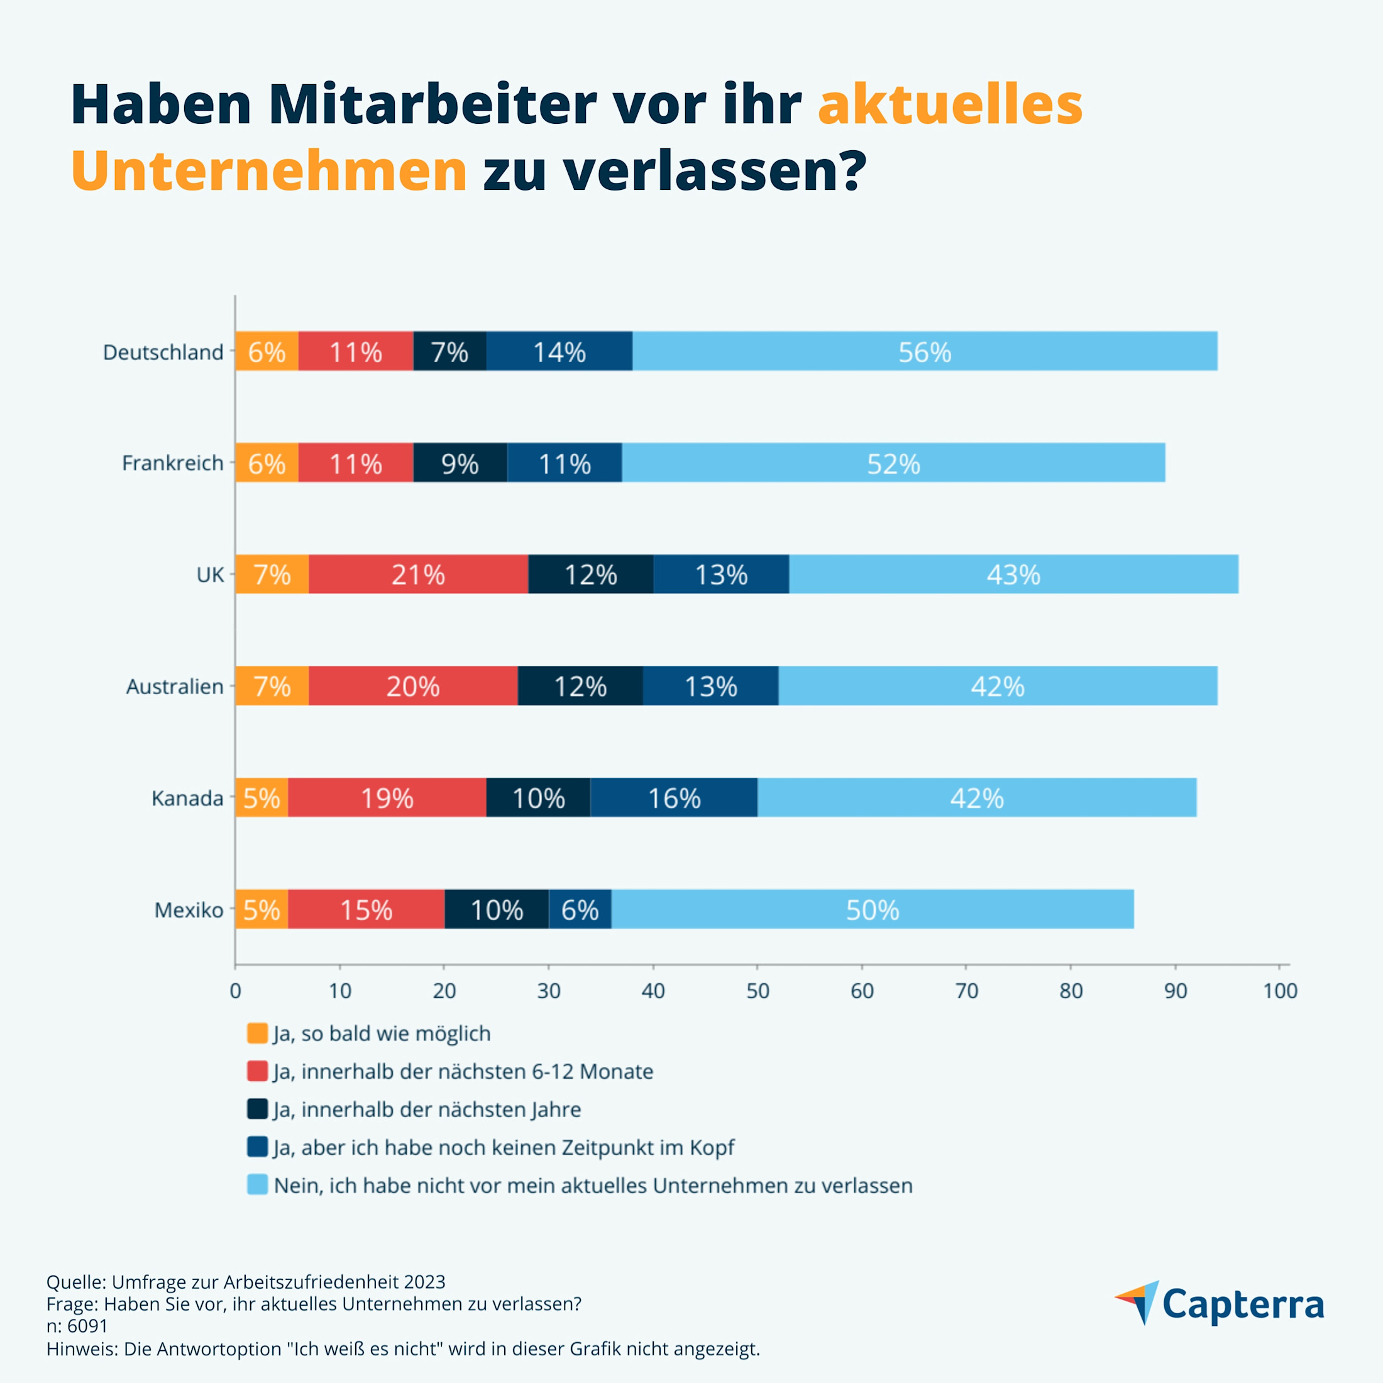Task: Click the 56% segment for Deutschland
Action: point(925,351)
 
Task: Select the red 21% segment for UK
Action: point(419,574)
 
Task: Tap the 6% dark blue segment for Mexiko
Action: point(580,909)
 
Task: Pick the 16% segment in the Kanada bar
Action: point(674,798)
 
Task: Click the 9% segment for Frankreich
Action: point(460,463)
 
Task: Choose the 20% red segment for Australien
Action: point(413,686)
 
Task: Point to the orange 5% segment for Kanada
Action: point(262,798)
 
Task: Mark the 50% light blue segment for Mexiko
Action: point(872,909)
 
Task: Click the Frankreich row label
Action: point(172,463)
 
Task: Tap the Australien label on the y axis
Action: point(175,686)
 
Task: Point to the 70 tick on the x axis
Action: point(966,991)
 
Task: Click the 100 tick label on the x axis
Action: point(1280,991)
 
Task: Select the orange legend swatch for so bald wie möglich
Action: point(257,1033)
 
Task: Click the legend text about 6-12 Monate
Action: point(463,1071)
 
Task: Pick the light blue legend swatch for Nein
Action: point(257,1185)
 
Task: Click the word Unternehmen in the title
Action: point(269,170)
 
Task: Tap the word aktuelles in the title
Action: point(950,104)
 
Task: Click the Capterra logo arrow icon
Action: point(1138,1301)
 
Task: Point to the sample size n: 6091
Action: point(77,1326)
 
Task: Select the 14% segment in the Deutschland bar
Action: point(559,351)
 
